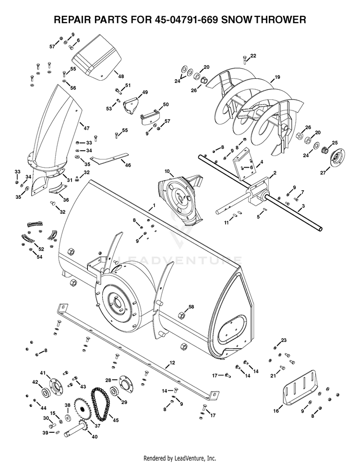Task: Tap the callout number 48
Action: pos(121,76)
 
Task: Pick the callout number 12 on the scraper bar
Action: pos(172,363)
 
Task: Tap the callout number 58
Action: pos(191,306)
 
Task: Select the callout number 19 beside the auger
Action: pos(277,77)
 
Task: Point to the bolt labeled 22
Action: pos(244,60)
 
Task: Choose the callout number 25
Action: pos(335,143)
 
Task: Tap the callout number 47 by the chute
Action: pos(86,128)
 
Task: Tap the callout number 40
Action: pos(95,437)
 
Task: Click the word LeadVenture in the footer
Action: pos(194,458)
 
